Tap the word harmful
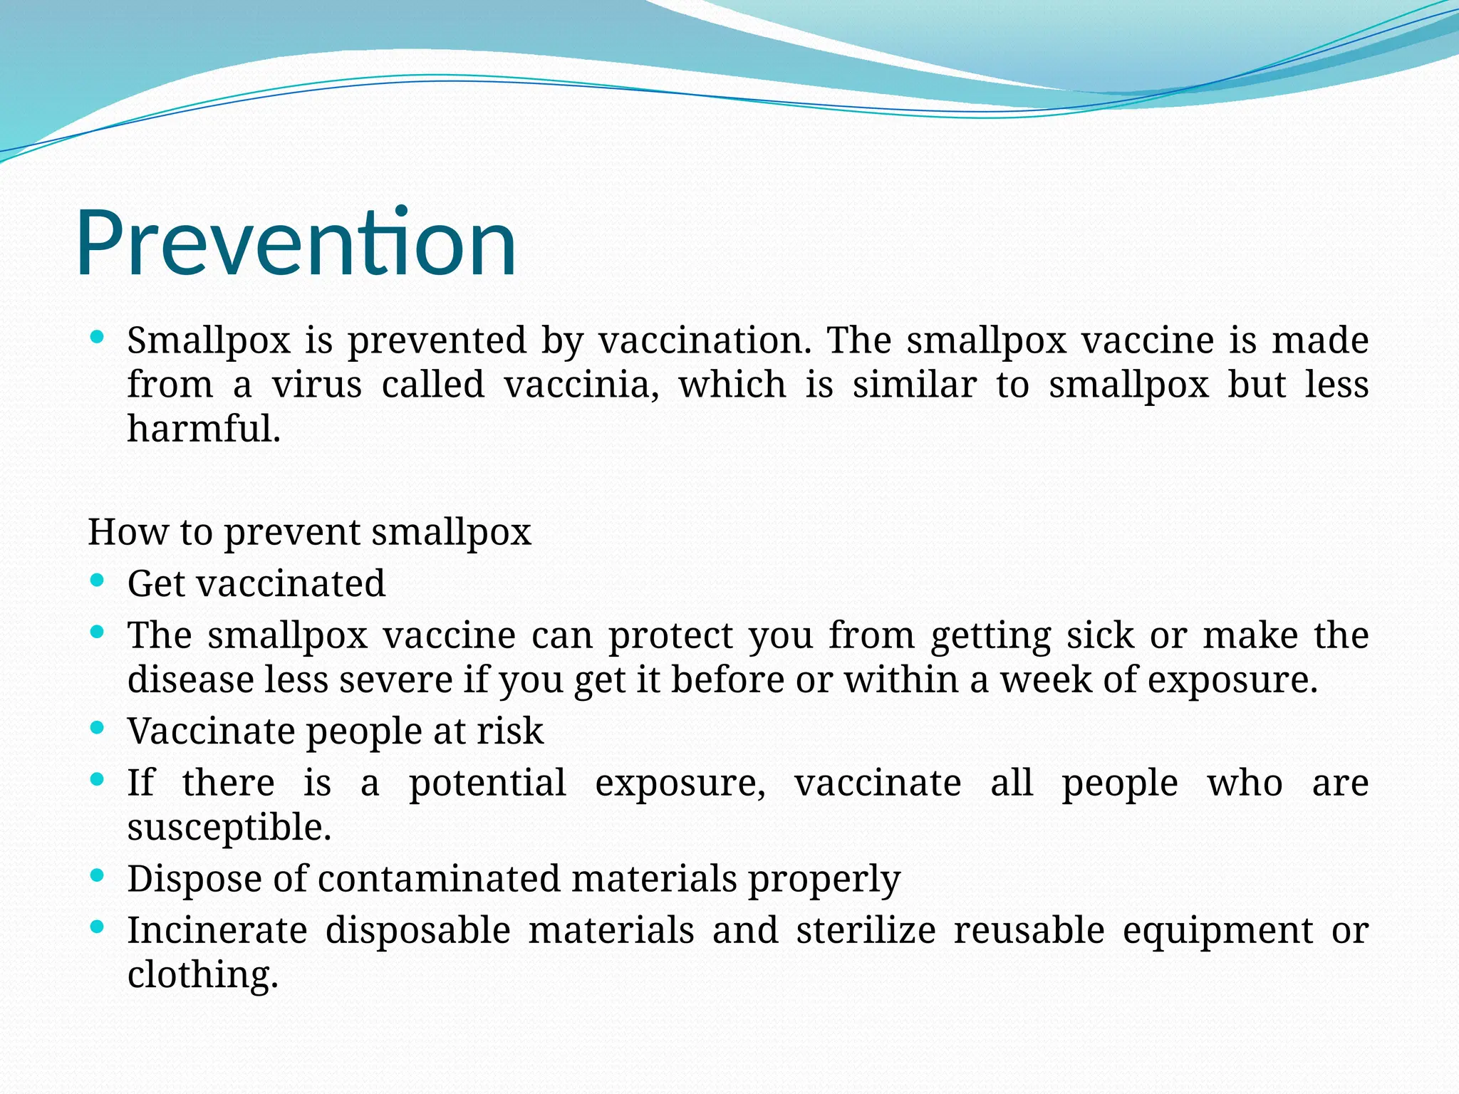coord(204,429)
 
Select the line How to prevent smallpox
coord(309,533)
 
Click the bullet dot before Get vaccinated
coord(98,580)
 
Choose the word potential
coord(487,783)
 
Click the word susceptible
coord(229,828)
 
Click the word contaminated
coord(439,879)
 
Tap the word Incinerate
coord(217,931)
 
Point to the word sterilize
coord(866,931)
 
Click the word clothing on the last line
coord(202,976)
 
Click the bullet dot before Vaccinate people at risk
coord(98,728)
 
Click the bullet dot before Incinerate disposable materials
coord(98,927)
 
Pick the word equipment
coord(1217,931)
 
